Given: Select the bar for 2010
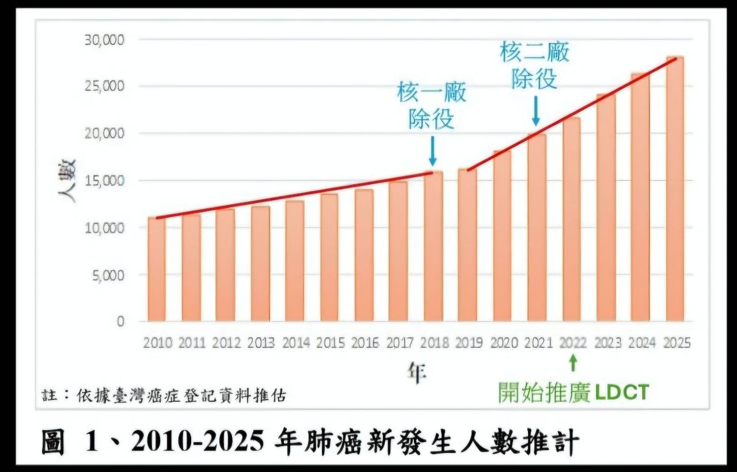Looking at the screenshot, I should [x=157, y=269].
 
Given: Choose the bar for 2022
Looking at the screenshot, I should [x=571, y=219].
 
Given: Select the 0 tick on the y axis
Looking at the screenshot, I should [x=120, y=322].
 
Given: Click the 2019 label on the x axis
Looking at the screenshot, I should [x=468, y=343].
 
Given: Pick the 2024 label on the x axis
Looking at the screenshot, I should [x=641, y=343].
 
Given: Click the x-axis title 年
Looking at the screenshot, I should [x=416, y=374].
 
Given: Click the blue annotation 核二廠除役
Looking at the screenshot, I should [x=535, y=66].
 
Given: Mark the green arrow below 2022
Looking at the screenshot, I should [x=572, y=363].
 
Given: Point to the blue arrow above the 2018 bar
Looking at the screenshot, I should [x=432, y=151].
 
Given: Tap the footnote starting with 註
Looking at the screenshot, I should [x=165, y=396].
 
